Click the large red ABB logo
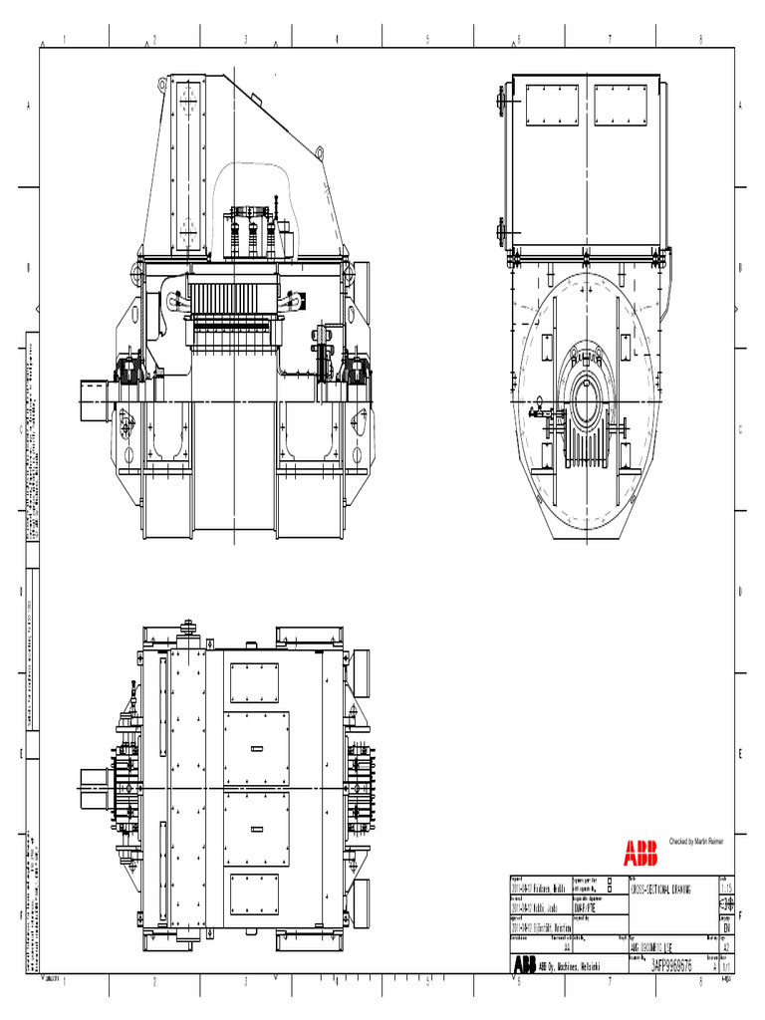click(x=640, y=852)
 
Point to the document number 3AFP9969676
click(x=666, y=965)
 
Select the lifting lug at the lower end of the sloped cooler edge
click(x=319, y=152)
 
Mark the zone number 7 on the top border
click(x=610, y=40)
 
